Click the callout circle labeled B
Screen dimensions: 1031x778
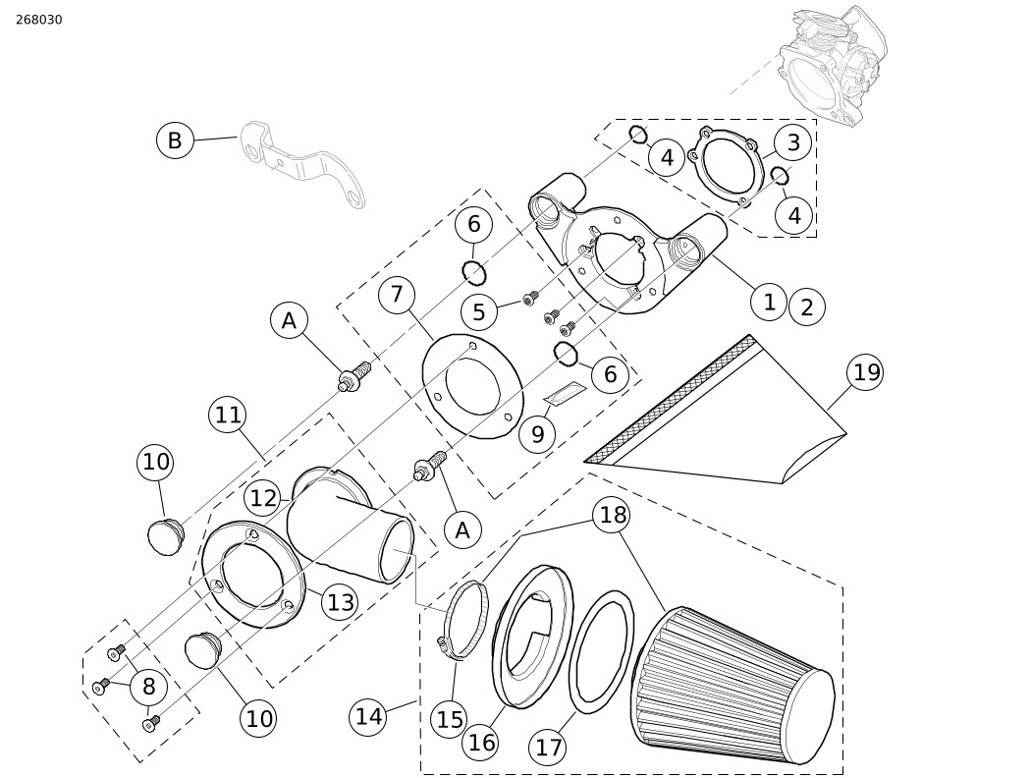(x=175, y=140)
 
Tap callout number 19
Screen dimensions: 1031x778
(x=866, y=372)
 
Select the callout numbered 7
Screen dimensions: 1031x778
(x=397, y=294)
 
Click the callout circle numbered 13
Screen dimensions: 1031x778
(x=341, y=602)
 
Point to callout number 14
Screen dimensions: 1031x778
(x=369, y=716)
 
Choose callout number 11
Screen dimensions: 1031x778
(x=228, y=416)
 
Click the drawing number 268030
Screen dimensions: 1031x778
(x=39, y=20)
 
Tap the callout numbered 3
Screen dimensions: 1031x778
(x=793, y=142)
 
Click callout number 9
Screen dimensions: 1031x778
(x=538, y=434)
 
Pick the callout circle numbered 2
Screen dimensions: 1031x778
(x=807, y=307)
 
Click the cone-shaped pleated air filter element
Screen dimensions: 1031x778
(x=733, y=681)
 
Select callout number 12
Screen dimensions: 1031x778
(x=264, y=498)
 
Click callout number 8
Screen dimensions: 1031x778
(x=149, y=686)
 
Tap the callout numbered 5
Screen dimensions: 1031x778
(x=479, y=311)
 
